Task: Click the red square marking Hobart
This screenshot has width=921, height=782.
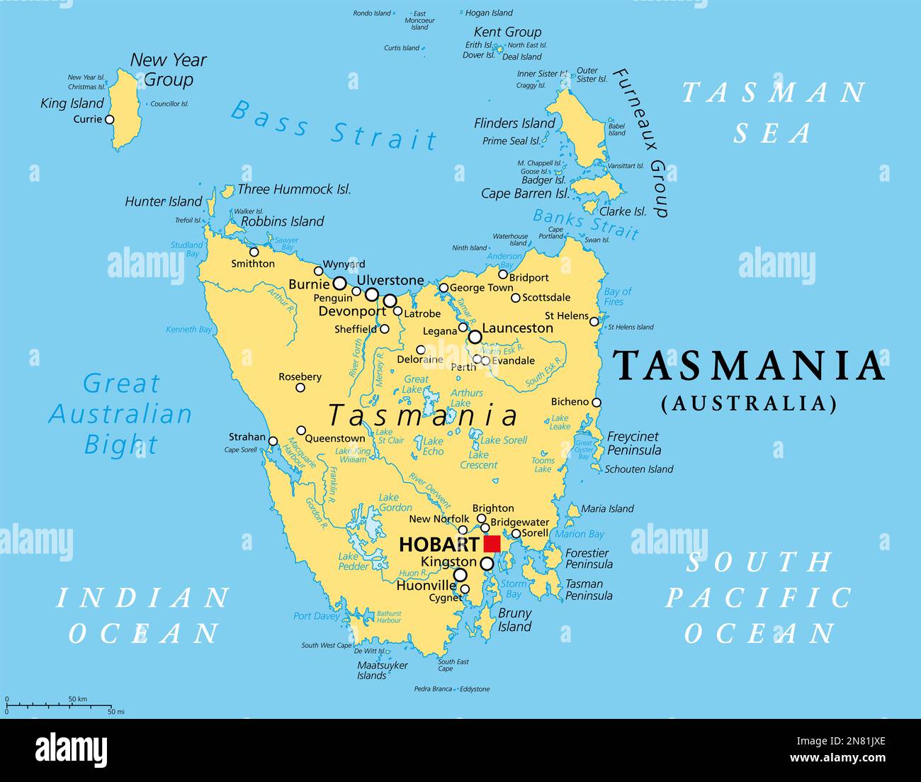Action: point(492,544)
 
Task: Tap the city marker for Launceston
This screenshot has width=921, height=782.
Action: point(475,337)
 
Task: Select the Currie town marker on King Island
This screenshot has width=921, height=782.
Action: point(109,120)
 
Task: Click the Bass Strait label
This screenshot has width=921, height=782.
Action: point(334,125)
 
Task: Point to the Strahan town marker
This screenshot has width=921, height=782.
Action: point(273,441)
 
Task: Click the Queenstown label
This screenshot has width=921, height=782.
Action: point(335,438)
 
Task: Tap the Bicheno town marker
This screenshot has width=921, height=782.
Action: point(597,403)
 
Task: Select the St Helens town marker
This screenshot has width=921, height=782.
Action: point(594,322)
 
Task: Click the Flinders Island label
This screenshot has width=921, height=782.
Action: point(514,123)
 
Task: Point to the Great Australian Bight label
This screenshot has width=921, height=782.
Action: point(120,414)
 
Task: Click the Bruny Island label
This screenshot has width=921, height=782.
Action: point(514,620)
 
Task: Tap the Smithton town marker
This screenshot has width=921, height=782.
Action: point(254,252)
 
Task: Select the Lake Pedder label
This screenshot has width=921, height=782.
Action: point(353,561)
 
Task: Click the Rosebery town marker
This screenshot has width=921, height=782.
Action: point(300,388)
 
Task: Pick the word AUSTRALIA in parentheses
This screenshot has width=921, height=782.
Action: point(749,403)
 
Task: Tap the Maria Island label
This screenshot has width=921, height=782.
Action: point(607,508)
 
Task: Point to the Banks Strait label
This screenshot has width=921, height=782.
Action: point(586,224)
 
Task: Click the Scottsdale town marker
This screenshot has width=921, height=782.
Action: point(516,298)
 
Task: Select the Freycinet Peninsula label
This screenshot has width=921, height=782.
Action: point(633,443)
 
